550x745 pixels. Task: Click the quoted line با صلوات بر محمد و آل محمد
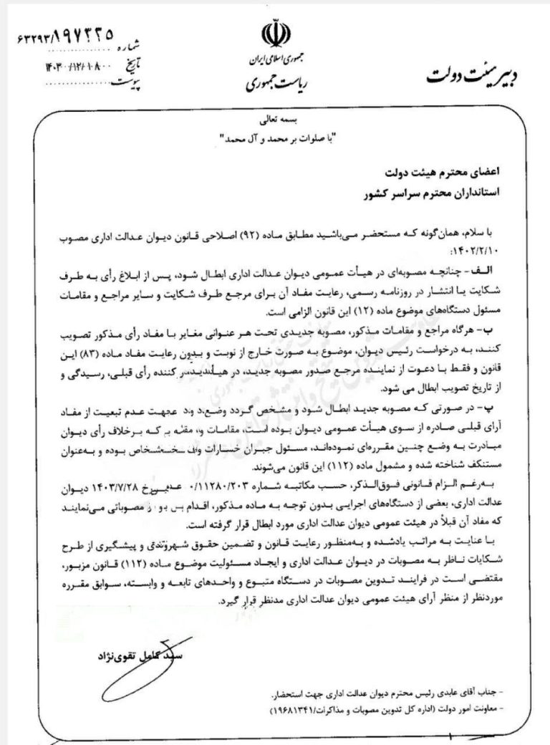point(275,137)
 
